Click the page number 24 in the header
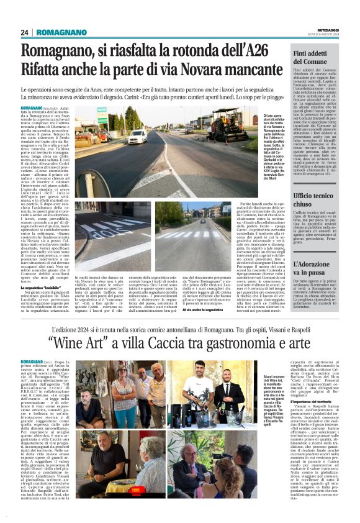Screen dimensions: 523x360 pyautogui.click(x=25, y=32)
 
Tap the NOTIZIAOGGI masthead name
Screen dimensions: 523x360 pyautogui.click(x=325, y=29)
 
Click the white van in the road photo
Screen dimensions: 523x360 pyautogui.click(x=137, y=136)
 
